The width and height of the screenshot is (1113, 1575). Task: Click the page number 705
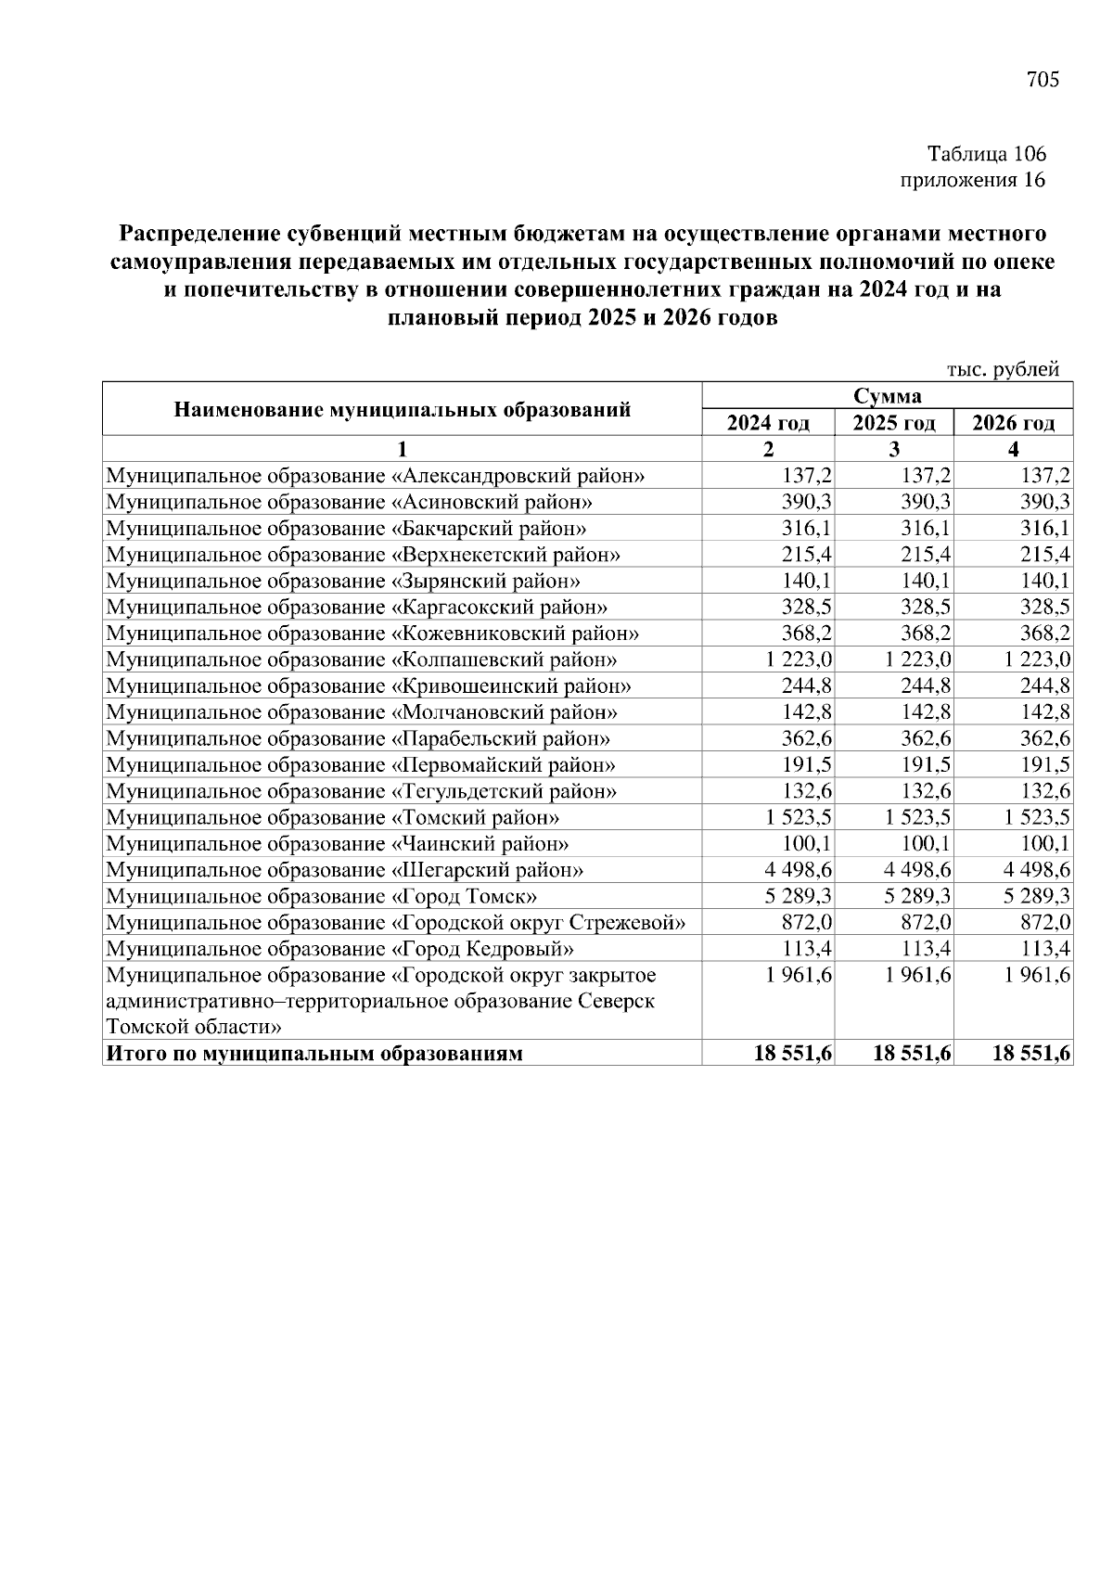(x=1043, y=80)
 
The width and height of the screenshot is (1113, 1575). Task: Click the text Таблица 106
(x=987, y=154)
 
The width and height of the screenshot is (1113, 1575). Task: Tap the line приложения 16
(x=973, y=180)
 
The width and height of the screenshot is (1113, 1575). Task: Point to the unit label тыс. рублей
(x=1002, y=369)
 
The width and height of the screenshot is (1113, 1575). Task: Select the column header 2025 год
(x=894, y=424)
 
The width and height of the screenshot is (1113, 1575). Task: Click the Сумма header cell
(x=888, y=396)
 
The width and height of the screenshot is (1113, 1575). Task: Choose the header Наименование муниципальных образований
(x=403, y=409)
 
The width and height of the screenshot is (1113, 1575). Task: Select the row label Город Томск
(x=322, y=897)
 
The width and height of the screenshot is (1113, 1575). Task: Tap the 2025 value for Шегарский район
(x=914, y=870)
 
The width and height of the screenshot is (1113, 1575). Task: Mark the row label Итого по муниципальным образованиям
(x=314, y=1054)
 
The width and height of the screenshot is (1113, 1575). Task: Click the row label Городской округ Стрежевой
(x=396, y=923)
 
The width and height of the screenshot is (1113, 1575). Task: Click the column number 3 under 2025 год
(x=894, y=450)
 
